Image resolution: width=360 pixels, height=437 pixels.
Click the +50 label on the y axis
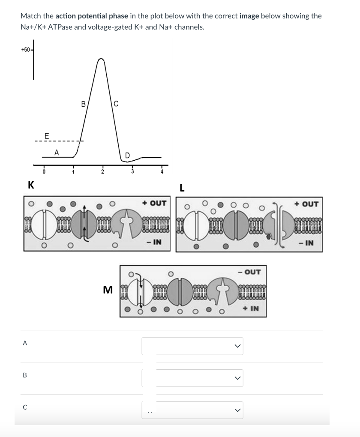[x=25, y=50]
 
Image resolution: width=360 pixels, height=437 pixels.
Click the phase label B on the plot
[x=84, y=103]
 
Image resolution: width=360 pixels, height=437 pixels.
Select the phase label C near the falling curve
[x=116, y=103]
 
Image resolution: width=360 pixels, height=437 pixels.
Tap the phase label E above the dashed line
[x=47, y=136]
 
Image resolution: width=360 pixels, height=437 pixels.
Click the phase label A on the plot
[x=57, y=152]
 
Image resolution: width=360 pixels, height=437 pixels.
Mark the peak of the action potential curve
[x=101, y=59]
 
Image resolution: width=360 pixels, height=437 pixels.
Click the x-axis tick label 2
[x=102, y=172]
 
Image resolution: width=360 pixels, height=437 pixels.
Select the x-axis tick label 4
[x=162, y=172]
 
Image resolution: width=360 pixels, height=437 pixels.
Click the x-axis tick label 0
[x=43, y=172]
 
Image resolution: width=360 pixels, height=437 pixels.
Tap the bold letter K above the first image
[x=31, y=185]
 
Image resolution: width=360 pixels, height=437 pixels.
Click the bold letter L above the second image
[x=182, y=188]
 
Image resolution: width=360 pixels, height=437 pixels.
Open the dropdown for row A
[x=192, y=346]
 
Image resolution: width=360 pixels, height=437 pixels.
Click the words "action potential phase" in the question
[x=92, y=16]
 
